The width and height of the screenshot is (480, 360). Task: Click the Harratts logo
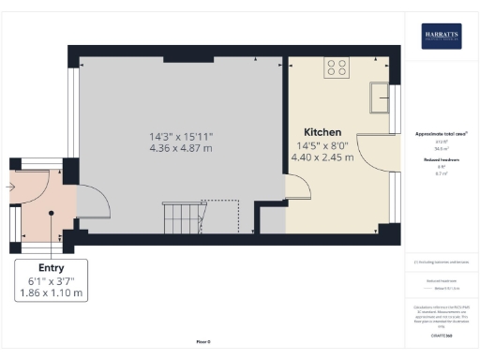coord(441,36)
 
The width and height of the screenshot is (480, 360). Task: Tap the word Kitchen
coord(322,132)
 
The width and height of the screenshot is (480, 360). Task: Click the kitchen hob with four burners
coord(337,67)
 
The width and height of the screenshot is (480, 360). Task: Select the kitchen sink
coord(382,96)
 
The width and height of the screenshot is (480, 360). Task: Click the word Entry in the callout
coord(52,267)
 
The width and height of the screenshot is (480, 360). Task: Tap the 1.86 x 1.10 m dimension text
coord(52,293)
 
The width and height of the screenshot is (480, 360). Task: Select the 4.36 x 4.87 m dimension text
coord(181,149)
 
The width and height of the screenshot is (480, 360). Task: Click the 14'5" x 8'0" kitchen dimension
coord(322,145)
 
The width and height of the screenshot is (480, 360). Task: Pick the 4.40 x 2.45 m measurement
coord(322,157)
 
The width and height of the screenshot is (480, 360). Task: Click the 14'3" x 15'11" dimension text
coord(181,137)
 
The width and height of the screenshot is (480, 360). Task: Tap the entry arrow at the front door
coord(8,187)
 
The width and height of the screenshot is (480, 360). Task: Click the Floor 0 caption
coord(203,342)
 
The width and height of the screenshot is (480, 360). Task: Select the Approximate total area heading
coord(441,134)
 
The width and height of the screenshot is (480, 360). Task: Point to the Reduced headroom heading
coord(441,160)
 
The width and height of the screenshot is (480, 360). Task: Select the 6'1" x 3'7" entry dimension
coord(52,280)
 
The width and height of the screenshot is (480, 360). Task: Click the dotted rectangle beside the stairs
coord(221,216)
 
